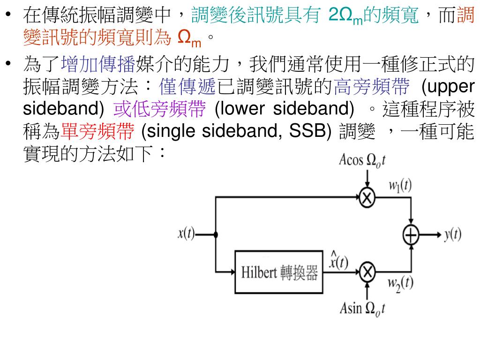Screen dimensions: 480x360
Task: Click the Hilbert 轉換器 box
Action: tap(278, 271)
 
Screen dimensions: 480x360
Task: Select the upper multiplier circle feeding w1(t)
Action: tap(367, 198)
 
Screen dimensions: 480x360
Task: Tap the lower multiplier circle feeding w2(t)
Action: tap(367, 271)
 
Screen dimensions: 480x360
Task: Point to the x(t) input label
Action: tap(187, 234)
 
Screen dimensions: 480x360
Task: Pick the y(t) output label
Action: tap(452, 235)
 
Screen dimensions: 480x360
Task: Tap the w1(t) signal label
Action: tap(400, 186)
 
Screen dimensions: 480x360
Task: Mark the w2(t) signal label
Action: tap(400, 283)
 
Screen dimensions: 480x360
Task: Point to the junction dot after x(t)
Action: tap(216, 235)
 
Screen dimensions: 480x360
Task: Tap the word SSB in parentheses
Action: tap(305, 132)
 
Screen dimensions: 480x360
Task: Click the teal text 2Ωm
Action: tap(344, 16)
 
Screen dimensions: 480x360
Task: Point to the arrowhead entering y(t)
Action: tap(437, 235)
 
